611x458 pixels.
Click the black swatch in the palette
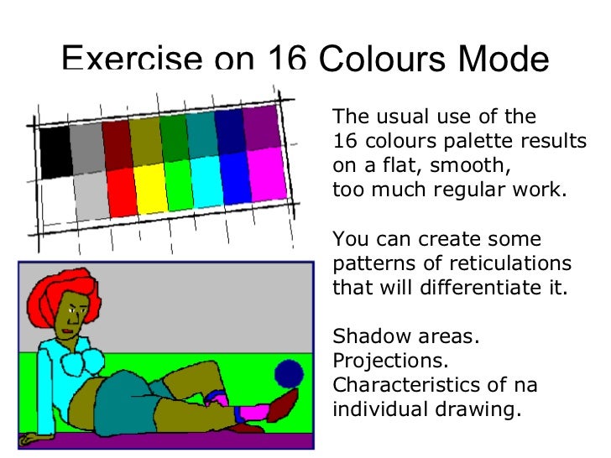55,152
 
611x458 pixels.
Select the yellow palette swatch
150,187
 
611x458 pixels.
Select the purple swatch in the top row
262,126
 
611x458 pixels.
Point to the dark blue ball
290,372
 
